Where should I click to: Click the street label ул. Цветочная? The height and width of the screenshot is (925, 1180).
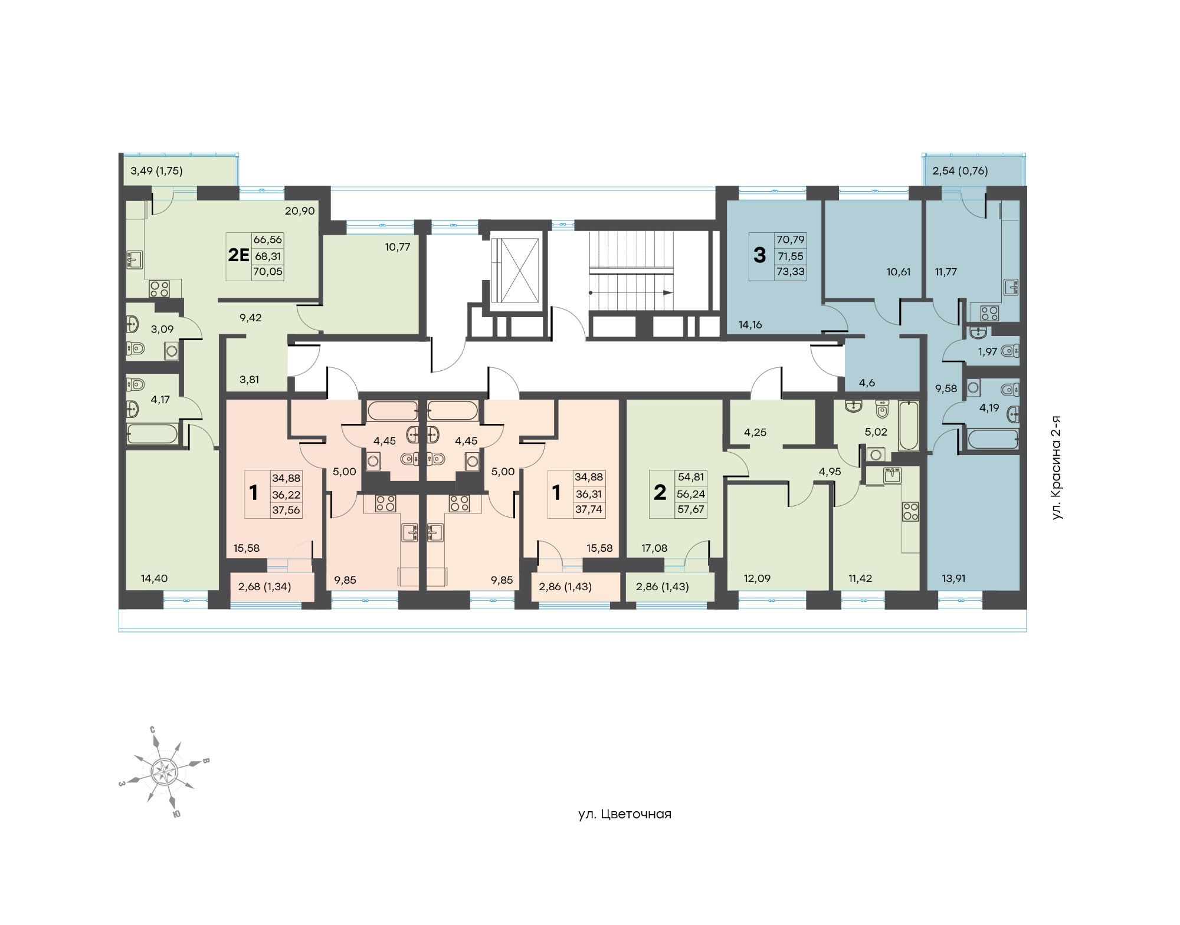pos(625,814)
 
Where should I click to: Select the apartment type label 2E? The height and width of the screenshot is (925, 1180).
pos(239,255)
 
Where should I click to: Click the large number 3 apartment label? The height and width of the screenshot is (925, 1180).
pos(760,255)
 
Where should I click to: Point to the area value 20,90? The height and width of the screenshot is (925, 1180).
pos(300,211)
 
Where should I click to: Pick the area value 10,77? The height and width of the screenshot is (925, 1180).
pos(398,247)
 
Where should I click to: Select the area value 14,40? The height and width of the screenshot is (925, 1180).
pos(154,578)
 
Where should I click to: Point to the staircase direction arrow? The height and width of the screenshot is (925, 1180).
pos(631,292)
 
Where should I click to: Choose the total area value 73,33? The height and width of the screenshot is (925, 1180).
pos(791,272)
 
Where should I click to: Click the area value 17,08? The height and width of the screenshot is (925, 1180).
pos(654,548)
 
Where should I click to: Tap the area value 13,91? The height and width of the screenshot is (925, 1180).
pos(955,578)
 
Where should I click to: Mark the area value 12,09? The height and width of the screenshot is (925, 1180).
pos(757,578)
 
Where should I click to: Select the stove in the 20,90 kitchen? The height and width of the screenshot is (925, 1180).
pos(159,289)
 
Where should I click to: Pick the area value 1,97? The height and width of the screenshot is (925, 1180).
pos(987,352)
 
